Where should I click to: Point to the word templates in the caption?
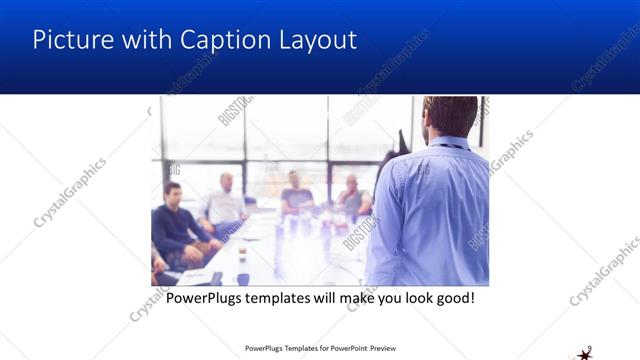click(285, 298)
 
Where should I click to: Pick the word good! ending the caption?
click(452, 298)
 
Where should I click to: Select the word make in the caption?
click(363, 298)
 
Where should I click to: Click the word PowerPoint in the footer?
click(345, 349)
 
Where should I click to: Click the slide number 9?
click(590, 347)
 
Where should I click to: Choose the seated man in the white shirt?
click(225, 204)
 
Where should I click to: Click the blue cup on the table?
click(243, 279)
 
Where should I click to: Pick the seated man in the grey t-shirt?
click(296, 195)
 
